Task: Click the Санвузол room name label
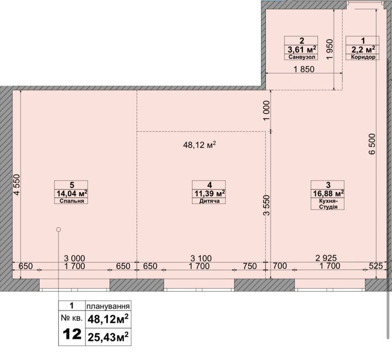click(x=301, y=57)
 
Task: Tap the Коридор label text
click(x=363, y=57)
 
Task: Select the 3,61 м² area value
click(x=302, y=49)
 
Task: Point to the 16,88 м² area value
click(x=328, y=193)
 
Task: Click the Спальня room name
click(x=72, y=201)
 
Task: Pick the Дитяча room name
click(x=210, y=201)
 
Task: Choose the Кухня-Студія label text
click(x=328, y=204)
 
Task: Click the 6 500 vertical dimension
click(x=372, y=144)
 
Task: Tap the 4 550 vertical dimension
click(x=16, y=185)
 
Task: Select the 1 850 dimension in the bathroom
click(x=304, y=69)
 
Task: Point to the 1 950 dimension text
click(x=330, y=49)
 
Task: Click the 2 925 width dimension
click(x=326, y=258)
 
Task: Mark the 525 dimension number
click(x=376, y=266)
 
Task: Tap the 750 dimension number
click(x=250, y=266)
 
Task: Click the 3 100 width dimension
click(x=201, y=258)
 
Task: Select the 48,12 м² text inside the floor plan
click(x=199, y=145)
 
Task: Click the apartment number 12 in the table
click(x=72, y=334)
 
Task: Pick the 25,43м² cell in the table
click(x=108, y=337)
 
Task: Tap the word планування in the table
click(x=108, y=306)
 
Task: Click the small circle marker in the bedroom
click(x=59, y=229)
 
